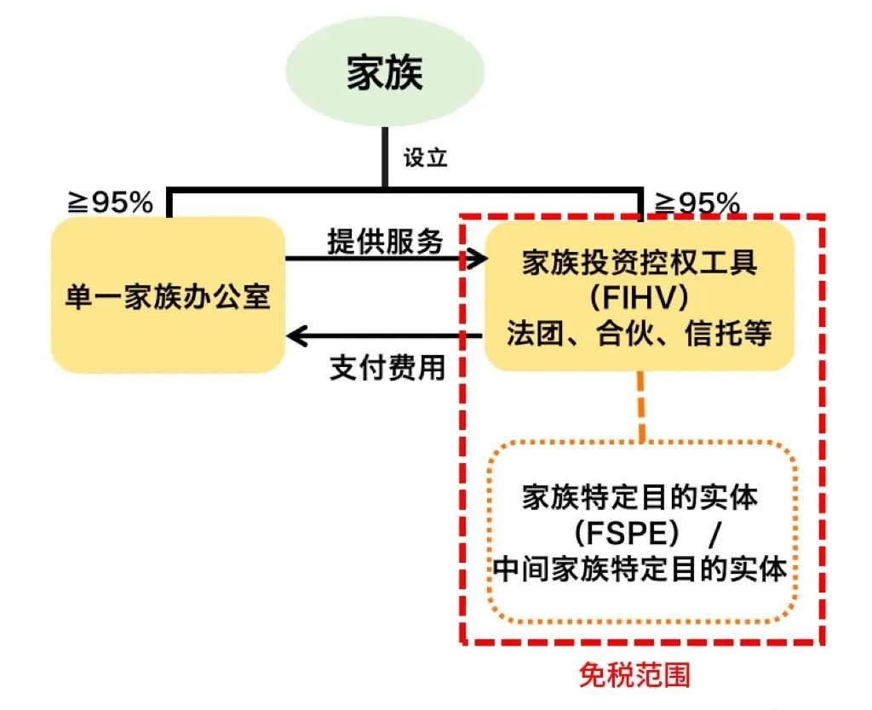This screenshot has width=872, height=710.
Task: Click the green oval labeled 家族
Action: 385,75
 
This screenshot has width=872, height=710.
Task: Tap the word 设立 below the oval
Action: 425,157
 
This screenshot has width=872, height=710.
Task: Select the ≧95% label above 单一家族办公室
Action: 111,202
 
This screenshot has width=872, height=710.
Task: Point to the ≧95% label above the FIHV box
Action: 697,203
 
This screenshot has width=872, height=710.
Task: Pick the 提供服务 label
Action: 385,242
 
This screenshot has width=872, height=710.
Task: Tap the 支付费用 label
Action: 387,368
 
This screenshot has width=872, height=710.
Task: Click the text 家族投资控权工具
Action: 640,263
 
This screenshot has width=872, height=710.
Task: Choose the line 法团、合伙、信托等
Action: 640,333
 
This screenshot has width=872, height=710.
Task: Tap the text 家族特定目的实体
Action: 640,497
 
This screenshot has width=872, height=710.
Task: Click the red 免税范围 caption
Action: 634,675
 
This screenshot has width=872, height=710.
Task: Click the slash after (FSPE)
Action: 714,534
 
